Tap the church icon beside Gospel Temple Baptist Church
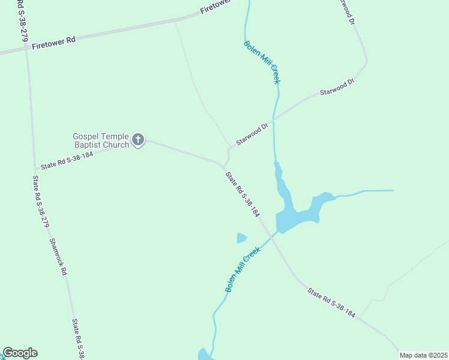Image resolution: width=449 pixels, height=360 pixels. pyautogui.click(x=138, y=141)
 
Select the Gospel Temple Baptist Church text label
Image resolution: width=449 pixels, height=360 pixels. pyautogui.click(x=101, y=141)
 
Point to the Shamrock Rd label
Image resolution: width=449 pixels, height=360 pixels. pyautogui.click(x=58, y=256)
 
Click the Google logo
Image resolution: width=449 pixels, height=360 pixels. pyautogui.click(x=20, y=353)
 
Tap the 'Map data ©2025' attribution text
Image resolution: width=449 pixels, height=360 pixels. pyautogui.click(x=423, y=355)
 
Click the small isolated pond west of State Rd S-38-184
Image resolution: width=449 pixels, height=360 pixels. pyautogui.click(x=241, y=238)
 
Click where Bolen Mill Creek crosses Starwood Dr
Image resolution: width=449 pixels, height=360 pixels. pyautogui.click(x=274, y=119)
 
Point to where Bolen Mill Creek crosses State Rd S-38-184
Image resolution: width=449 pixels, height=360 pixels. pyautogui.click(x=274, y=235)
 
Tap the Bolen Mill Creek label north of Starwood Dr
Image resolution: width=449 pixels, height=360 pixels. pyautogui.click(x=262, y=62)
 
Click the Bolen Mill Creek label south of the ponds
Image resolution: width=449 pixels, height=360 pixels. pyautogui.click(x=243, y=269)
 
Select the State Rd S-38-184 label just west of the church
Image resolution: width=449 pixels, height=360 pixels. pyautogui.click(x=67, y=160)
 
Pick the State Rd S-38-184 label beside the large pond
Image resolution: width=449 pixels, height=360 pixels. pyautogui.click(x=243, y=194)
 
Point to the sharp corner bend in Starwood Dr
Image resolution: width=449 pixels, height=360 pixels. pyautogui.click(x=365, y=62)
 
